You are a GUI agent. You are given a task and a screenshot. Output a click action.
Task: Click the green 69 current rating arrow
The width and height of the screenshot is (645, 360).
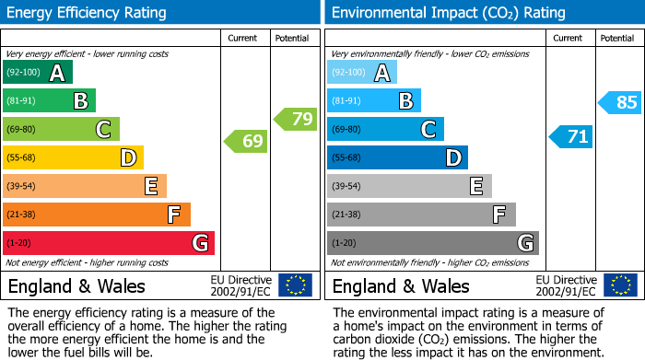tap(246, 142)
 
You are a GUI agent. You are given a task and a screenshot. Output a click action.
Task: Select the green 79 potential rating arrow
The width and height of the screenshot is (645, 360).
tap(296, 119)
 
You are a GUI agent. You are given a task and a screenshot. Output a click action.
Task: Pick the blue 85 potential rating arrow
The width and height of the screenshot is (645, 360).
tap(620, 102)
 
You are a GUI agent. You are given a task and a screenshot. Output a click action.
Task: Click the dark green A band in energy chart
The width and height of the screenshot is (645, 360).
tap(38, 73)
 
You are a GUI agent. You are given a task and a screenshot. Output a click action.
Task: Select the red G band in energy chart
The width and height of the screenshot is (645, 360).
tap(109, 243)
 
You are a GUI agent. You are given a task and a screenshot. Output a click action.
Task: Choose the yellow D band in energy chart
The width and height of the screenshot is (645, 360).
tap(73, 157)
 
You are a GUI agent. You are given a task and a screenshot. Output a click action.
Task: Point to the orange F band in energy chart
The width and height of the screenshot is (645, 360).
tap(97, 215)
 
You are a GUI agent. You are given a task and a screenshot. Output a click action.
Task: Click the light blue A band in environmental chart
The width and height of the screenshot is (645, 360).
tap(362, 73)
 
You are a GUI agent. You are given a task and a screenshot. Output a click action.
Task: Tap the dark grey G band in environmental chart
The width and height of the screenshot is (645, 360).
tap(432, 243)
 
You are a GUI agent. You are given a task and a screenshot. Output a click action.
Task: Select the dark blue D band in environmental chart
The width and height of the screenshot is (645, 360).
tap(397, 157)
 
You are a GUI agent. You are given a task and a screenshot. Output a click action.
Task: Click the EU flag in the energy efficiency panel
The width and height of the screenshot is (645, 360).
tap(295, 285)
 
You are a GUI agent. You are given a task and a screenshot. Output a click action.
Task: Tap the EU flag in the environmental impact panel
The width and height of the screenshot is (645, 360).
tap(619, 285)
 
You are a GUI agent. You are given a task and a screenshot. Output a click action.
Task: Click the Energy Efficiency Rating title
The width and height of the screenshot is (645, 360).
tap(88, 13)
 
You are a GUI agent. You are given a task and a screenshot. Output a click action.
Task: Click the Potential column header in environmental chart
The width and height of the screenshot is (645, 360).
tap(617, 38)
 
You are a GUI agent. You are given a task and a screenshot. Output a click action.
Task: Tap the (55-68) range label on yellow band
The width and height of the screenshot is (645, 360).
tap(23, 158)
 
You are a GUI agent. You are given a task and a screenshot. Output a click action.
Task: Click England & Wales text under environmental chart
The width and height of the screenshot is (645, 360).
tap(401, 285)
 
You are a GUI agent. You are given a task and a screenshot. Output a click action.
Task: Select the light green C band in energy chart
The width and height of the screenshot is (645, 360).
tap(61, 129)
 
